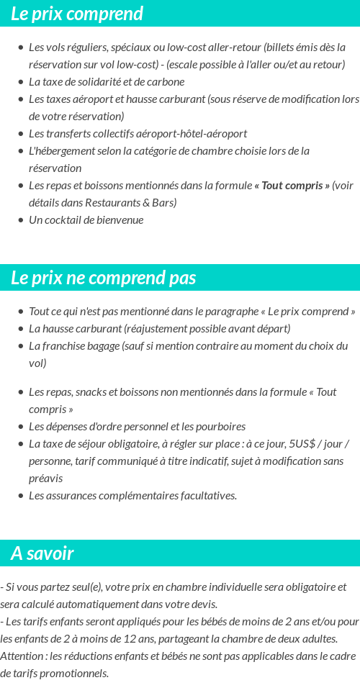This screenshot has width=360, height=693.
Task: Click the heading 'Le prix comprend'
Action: (77, 14)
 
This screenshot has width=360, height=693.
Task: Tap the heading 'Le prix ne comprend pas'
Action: (103, 278)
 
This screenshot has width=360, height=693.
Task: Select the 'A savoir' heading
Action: (42, 553)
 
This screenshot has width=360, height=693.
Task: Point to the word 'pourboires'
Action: (220, 427)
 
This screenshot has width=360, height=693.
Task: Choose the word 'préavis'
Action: (46, 479)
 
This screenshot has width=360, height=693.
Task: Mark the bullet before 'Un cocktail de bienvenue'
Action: (20, 220)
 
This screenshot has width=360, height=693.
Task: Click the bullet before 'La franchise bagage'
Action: (20, 346)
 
